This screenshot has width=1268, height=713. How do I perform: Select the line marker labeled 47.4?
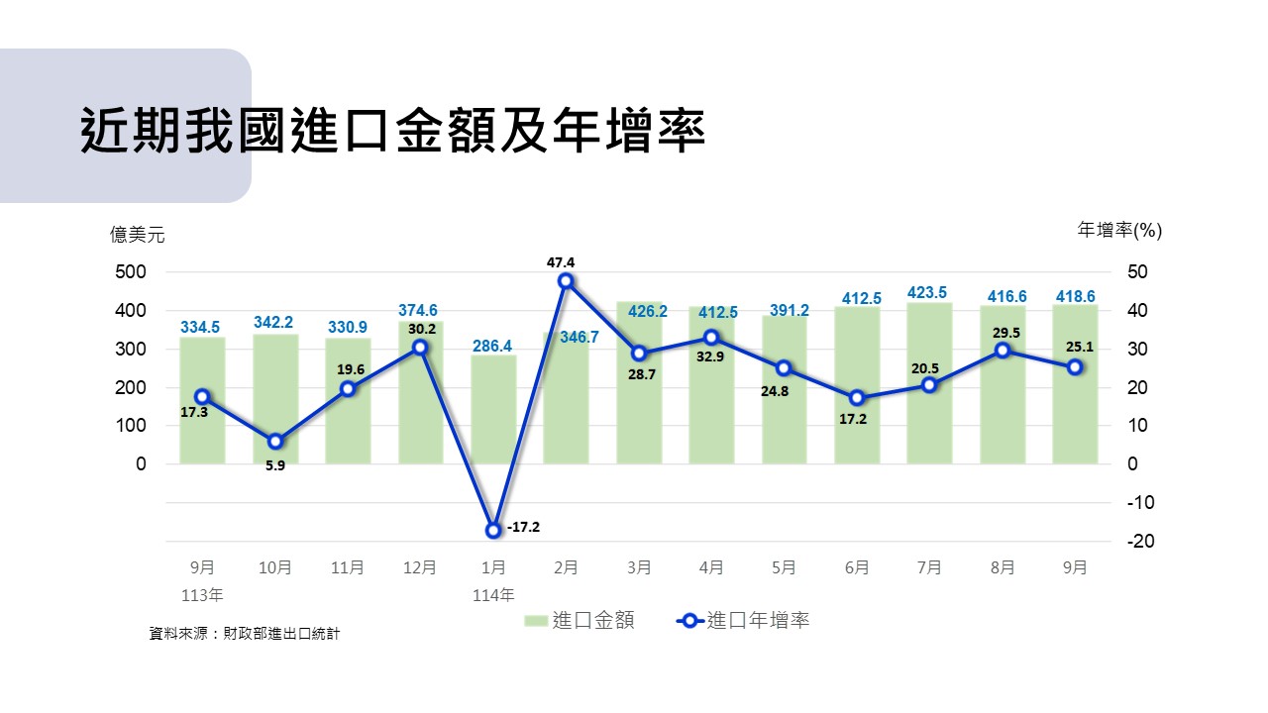[x=566, y=281]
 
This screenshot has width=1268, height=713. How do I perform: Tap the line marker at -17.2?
[x=493, y=531]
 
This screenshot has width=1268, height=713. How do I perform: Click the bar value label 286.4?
[x=492, y=347]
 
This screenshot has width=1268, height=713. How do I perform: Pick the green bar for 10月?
[x=275, y=399]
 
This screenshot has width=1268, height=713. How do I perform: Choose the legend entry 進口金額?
[x=580, y=621]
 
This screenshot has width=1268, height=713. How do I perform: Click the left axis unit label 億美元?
[x=138, y=235]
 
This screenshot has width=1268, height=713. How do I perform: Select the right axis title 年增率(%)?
[x=1119, y=230]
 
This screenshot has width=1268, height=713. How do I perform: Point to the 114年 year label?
[x=493, y=595]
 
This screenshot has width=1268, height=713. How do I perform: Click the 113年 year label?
[x=202, y=595]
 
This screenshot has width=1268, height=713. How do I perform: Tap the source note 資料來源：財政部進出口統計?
[x=244, y=633]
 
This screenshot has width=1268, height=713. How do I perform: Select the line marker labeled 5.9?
[x=275, y=442]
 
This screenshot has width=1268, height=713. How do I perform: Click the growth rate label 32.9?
[x=711, y=356]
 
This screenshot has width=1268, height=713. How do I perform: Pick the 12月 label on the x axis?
[x=420, y=568]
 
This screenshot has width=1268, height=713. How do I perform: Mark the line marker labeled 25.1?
[x=1075, y=367]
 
